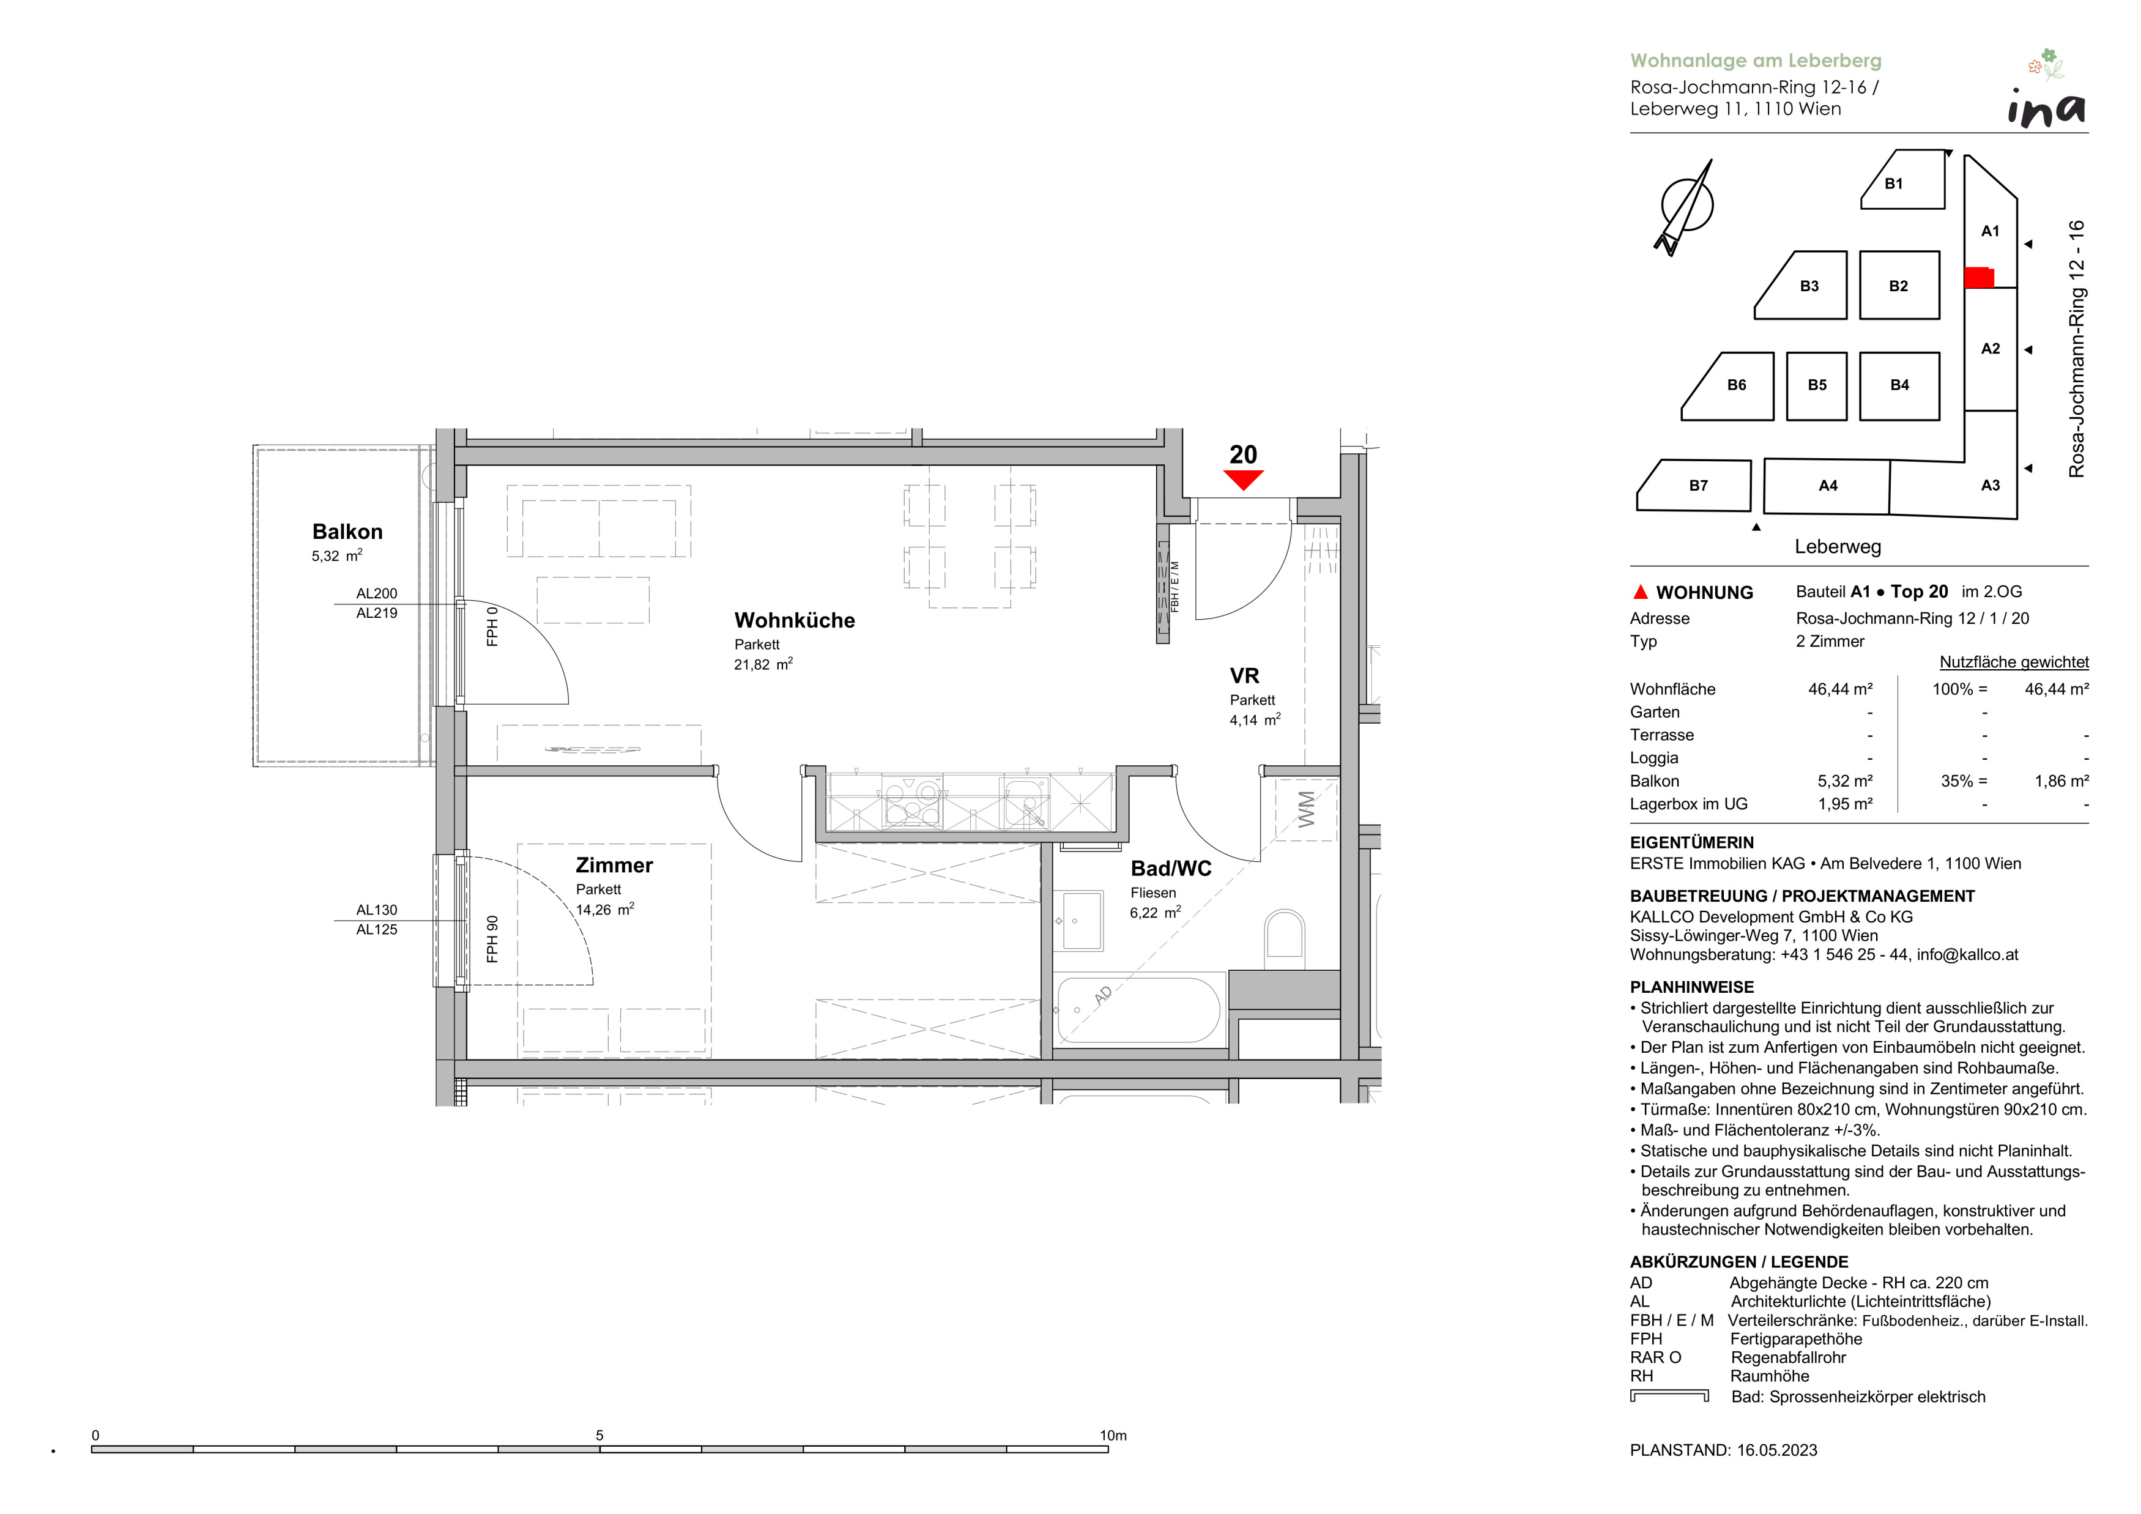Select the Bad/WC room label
pyautogui.click(x=1171, y=869)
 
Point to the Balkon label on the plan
pyautogui.click(x=347, y=532)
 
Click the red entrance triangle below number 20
pyautogui.click(x=1243, y=479)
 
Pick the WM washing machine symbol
pyautogui.click(x=1307, y=809)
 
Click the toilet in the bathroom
pyautogui.click(x=1284, y=940)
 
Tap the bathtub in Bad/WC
pyautogui.click(x=1138, y=1011)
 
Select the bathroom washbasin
pyautogui.click(x=1082, y=920)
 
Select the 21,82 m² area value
pyautogui.click(x=763, y=665)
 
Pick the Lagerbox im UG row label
pyautogui.click(x=1689, y=804)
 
